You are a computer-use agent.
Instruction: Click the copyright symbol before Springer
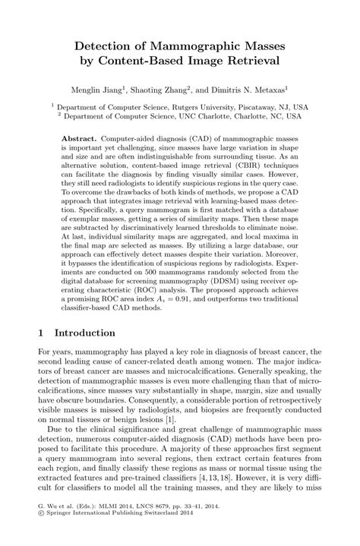[x=40, y=533]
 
